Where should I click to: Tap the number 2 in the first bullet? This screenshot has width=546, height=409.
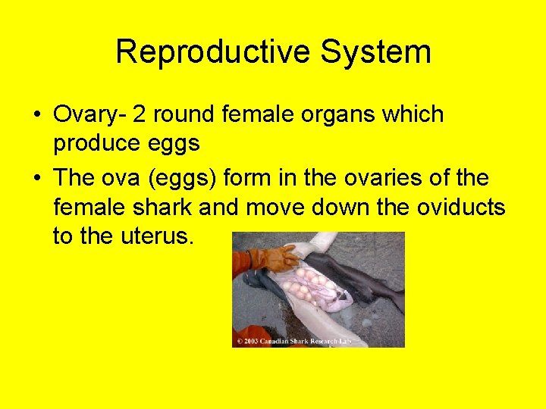140,115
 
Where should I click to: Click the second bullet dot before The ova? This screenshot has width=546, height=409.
37,179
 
